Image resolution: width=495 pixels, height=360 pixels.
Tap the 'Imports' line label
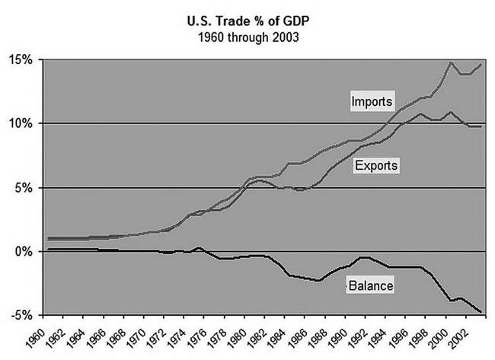click(x=372, y=101)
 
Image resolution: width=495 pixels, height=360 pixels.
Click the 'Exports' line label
click(x=376, y=164)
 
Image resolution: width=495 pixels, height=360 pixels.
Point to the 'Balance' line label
click(x=371, y=285)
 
